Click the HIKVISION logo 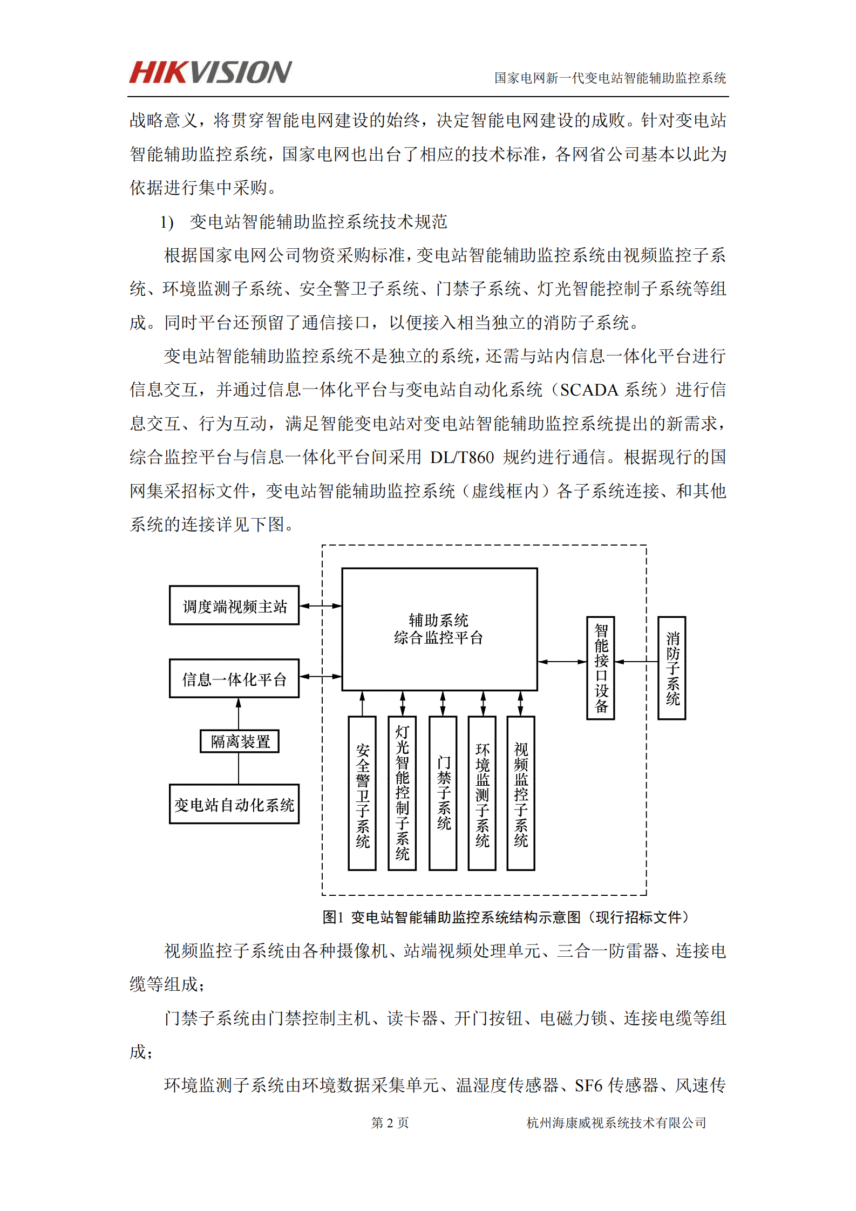tap(210, 72)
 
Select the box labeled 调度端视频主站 tap(234, 605)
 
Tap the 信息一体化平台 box tap(234, 678)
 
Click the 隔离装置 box tap(240, 741)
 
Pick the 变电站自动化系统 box tap(234, 804)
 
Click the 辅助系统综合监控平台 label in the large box tap(438, 629)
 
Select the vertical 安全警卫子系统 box tap(362, 793)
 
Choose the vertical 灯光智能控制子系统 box tap(402, 793)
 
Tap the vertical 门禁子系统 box tap(443, 793)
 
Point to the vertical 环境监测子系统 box tap(482, 793)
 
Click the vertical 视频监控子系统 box tap(521, 793)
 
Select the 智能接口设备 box tap(601, 668)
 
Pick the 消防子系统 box tap(672, 668)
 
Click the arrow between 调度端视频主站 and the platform tap(321, 605)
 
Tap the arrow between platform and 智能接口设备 tap(562, 662)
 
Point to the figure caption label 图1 tap(332, 917)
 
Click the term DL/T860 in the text tap(462, 457)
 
